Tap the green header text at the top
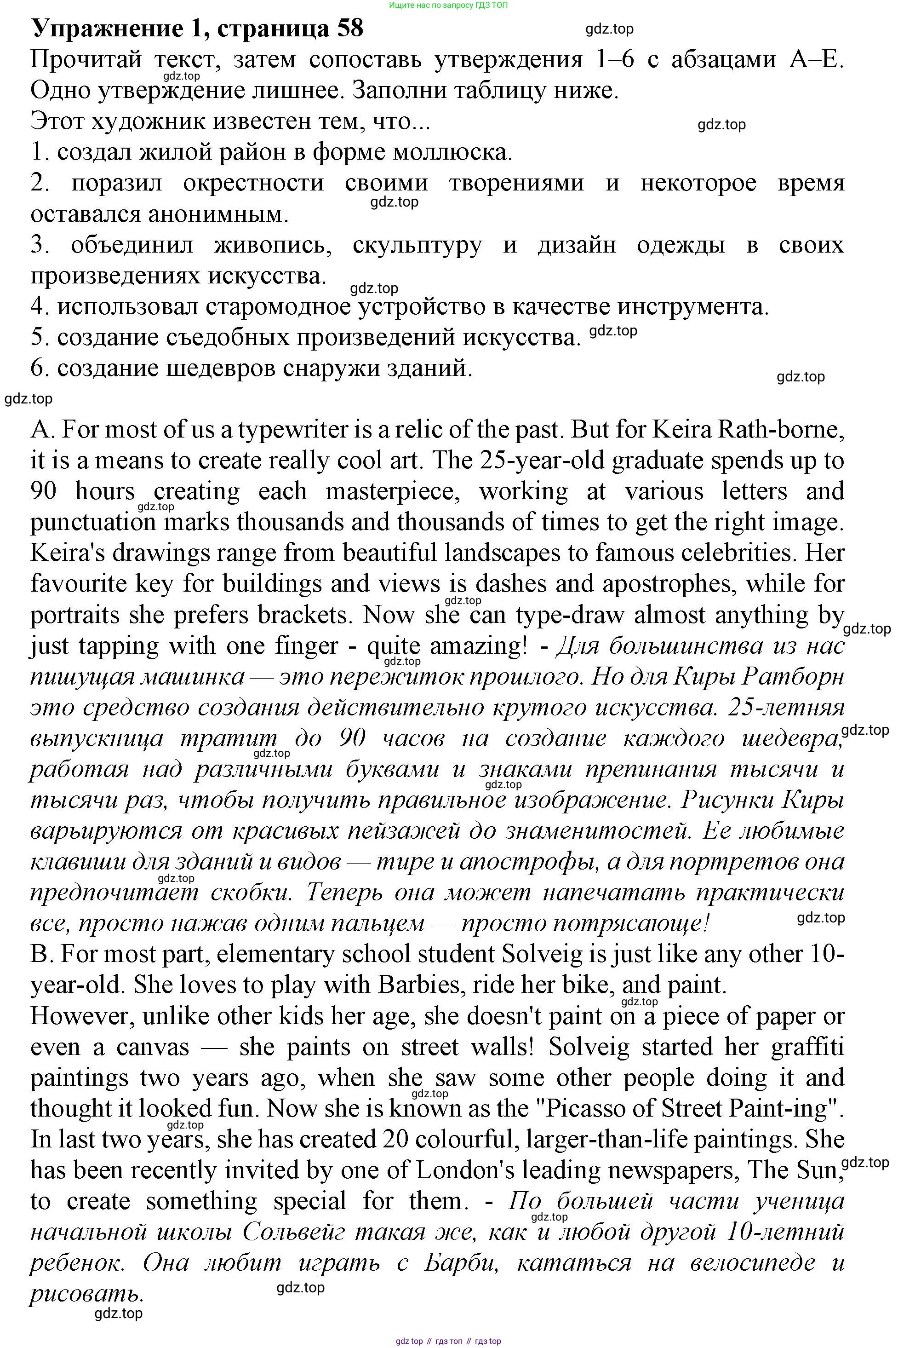448,5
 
